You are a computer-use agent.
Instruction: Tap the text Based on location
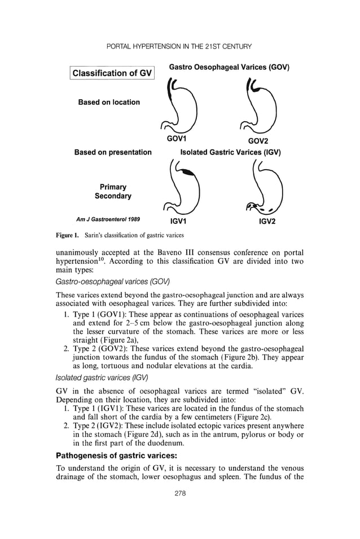109,102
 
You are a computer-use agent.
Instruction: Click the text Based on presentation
113,152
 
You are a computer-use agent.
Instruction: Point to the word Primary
113,187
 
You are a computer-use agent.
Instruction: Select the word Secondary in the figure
113,196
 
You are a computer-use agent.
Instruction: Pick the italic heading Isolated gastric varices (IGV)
102,377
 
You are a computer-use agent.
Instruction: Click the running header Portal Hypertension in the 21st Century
179,46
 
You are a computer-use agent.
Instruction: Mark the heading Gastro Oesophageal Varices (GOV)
229,67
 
